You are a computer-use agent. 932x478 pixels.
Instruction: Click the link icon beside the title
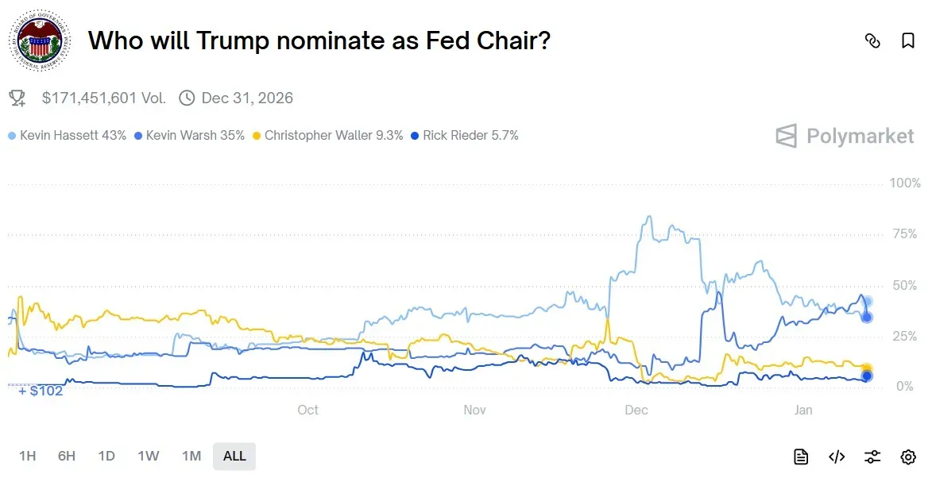click(872, 41)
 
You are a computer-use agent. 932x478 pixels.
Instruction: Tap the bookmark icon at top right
click(908, 41)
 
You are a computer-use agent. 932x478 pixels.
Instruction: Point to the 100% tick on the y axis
click(905, 183)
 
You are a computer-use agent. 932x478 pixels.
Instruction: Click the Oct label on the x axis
click(307, 410)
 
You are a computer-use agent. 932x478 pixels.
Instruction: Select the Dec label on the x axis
click(636, 410)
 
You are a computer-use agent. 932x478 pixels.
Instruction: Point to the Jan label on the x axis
click(803, 410)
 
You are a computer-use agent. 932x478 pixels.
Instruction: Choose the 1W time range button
click(148, 456)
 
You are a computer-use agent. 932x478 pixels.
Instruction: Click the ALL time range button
click(234, 456)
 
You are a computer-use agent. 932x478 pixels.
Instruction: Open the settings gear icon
click(908, 457)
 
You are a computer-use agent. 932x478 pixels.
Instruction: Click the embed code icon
click(837, 457)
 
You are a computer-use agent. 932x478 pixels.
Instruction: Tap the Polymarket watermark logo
click(845, 137)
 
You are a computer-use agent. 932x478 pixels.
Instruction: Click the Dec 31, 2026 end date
click(246, 98)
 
